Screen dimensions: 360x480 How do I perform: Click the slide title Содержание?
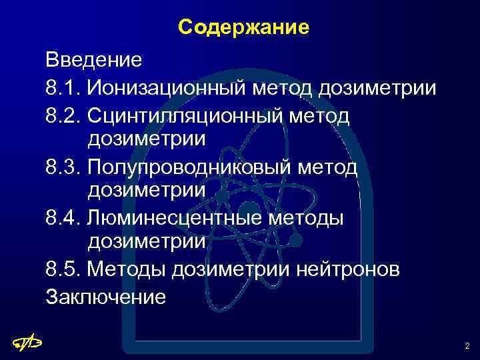243,27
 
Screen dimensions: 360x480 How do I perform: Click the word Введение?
93,61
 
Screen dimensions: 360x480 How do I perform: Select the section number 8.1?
63,87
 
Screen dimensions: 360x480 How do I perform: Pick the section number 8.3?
63,165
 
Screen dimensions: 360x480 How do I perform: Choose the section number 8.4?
63,217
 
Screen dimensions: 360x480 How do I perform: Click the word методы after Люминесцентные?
305,217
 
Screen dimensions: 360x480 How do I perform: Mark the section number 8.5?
63,269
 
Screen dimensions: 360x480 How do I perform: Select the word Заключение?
105,295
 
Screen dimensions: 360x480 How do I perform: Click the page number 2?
466,346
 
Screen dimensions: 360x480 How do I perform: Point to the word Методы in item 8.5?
127,269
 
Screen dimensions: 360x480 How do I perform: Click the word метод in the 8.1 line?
284,87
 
